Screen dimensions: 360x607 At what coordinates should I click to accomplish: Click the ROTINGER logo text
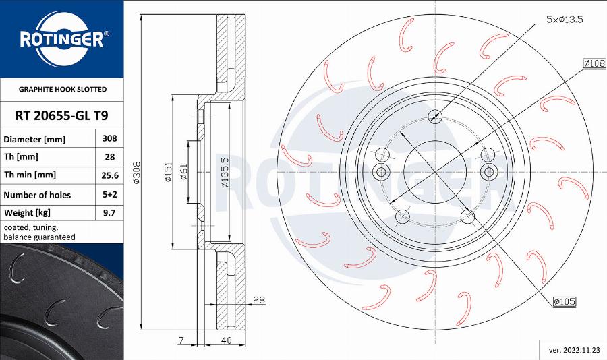tap(61, 40)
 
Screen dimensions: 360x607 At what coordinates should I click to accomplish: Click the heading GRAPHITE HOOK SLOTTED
tap(62, 89)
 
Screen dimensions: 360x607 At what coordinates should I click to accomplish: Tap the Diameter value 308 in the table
tap(109, 138)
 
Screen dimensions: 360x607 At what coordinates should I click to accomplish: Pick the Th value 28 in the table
tap(109, 156)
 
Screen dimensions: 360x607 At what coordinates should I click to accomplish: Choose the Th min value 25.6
tap(109, 175)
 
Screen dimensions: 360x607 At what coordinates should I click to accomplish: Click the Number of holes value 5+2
tap(109, 194)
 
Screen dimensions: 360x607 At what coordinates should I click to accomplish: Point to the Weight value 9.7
tap(109, 212)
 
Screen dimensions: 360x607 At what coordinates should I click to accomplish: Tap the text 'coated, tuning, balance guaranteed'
tap(39, 232)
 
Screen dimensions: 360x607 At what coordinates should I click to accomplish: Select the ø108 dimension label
tap(594, 63)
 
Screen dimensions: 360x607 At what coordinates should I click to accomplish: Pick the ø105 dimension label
tap(564, 302)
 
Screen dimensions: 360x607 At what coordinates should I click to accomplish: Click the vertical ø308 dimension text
tap(136, 173)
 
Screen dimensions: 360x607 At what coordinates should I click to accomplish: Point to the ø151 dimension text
tap(167, 173)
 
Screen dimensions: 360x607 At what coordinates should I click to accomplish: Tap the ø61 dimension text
tap(183, 173)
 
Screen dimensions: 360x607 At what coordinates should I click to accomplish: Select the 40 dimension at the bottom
tap(227, 340)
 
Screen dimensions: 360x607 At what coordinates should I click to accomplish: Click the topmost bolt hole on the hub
tap(436, 115)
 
